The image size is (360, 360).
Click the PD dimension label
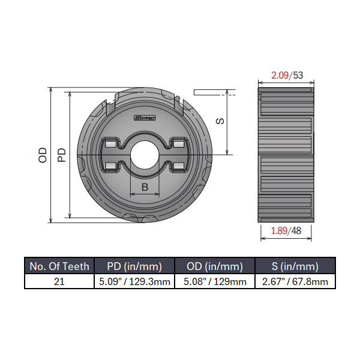(61, 155)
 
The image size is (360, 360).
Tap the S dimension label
(220, 121)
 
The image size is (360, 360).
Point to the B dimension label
(145, 187)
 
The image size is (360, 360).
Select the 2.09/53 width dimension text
(286, 76)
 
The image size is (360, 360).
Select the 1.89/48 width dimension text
(286, 231)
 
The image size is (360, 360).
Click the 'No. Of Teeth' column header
(59, 266)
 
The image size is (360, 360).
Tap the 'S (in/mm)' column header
(295, 266)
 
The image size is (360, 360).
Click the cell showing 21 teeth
(59, 281)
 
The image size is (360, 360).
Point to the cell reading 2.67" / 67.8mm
(295, 281)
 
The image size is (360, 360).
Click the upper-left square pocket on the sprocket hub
(110, 145)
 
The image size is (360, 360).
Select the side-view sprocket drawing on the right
(286, 155)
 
